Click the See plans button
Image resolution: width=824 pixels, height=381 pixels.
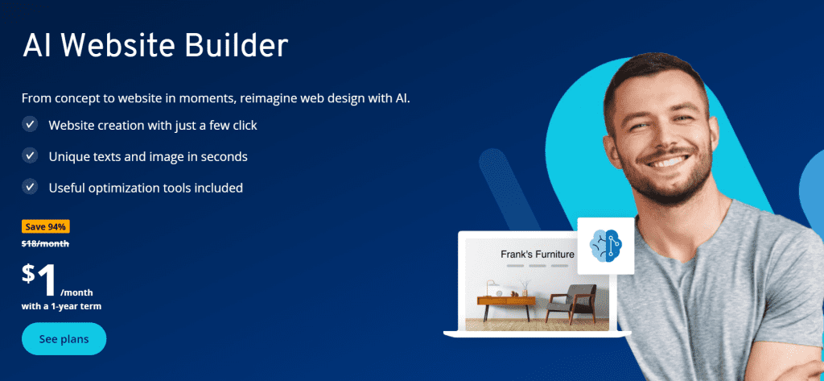click(64, 339)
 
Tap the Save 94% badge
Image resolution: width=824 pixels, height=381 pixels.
click(46, 227)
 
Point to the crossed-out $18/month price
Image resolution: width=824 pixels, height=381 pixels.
click(45, 243)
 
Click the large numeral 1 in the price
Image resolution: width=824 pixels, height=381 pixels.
click(47, 280)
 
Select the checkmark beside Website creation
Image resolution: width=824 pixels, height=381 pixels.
click(30, 125)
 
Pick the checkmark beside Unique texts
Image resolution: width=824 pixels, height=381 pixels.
click(30, 155)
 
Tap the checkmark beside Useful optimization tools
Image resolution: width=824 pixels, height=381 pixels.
click(30, 187)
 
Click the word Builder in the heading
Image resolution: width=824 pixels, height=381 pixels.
click(236, 46)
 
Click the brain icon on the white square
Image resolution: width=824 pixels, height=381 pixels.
click(605, 246)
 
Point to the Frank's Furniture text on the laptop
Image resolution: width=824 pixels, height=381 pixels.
click(537, 255)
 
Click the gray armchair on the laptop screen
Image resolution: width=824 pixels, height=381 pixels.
click(571, 303)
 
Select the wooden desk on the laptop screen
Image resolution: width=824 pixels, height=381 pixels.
click(506, 305)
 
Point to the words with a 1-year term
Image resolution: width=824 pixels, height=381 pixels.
click(61, 306)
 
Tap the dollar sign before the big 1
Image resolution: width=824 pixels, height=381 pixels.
click(29, 274)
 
